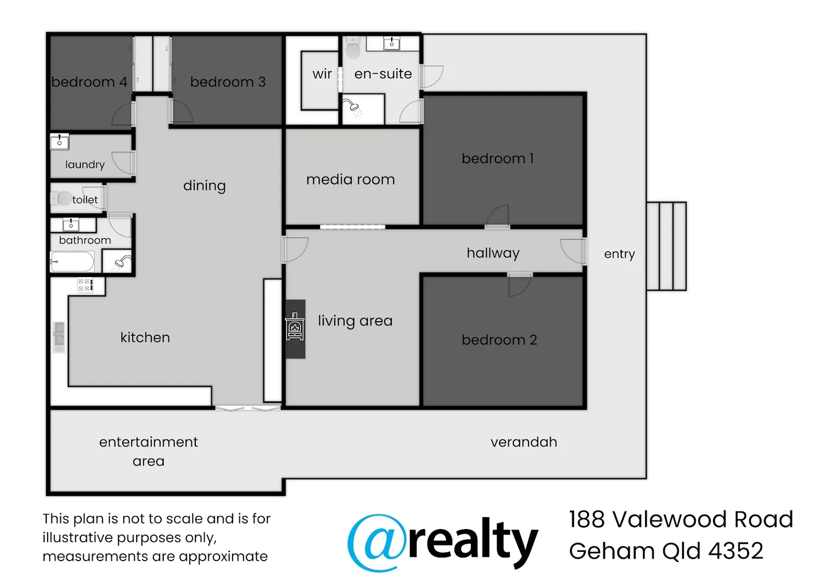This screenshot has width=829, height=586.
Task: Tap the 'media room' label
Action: pos(350,180)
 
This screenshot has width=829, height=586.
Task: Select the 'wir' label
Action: pos(322,74)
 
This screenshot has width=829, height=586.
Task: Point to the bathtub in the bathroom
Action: pos(72,262)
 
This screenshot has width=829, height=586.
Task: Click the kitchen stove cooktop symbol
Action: pos(85,285)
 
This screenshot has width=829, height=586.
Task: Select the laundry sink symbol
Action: pos(60,142)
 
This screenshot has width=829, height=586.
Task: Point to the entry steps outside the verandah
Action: pos(666,246)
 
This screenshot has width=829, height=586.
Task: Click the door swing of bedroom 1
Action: pos(498,216)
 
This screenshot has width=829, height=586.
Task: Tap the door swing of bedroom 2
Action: pos(519,285)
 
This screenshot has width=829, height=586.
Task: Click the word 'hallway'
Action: pos(493,253)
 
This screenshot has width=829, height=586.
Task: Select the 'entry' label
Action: pos(619,254)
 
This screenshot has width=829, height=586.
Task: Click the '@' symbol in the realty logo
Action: pos(377,543)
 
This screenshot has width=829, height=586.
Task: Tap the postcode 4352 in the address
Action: pos(736,551)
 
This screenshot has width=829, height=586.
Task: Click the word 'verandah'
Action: pos(524,442)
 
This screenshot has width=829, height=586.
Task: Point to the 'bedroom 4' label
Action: pos(90,82)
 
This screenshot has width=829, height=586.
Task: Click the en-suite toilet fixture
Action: pos(353,48)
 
